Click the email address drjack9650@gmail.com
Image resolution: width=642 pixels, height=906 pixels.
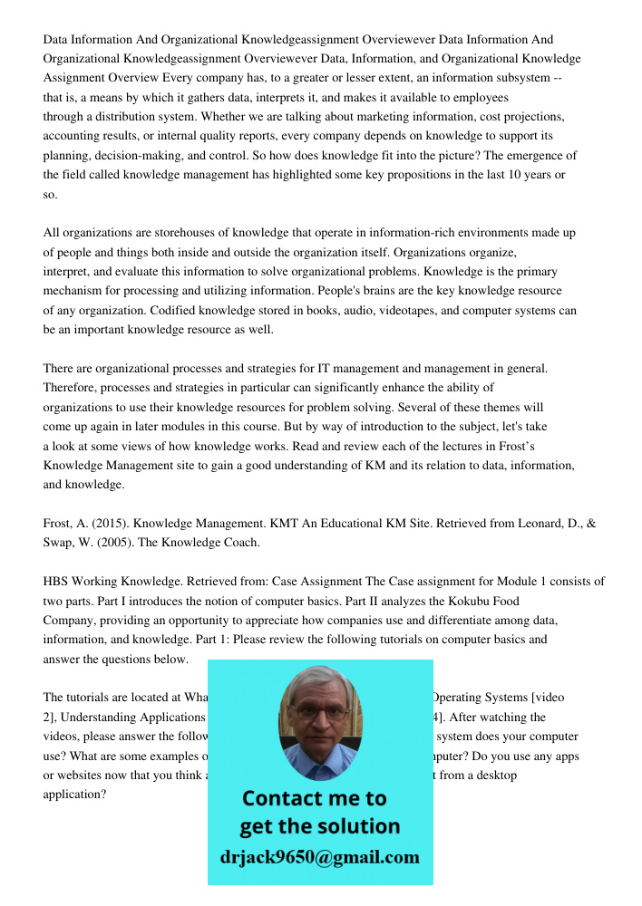319,856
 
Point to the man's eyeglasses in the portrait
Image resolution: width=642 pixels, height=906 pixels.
320,712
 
